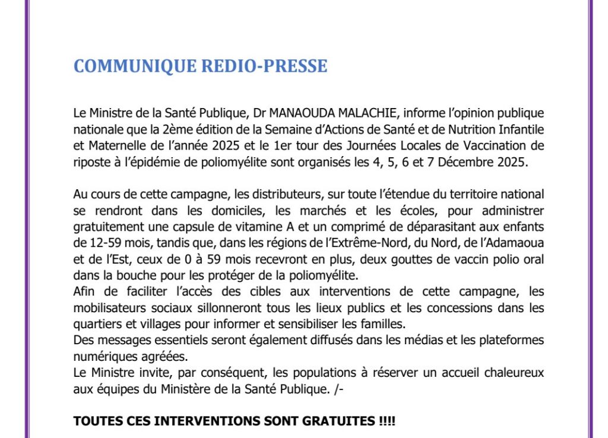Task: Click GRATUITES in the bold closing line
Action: pyautogui.click(x=337, y=422)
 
